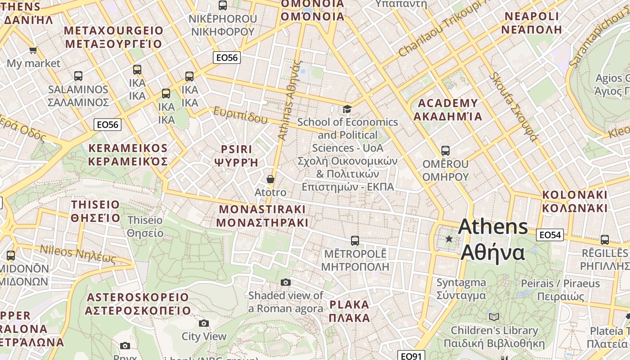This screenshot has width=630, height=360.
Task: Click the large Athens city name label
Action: (493, 239)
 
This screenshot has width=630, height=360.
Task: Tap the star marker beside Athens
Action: (449, 239)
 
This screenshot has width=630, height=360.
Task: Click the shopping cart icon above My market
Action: (33, 50)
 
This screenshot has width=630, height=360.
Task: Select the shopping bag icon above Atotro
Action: (270, 179)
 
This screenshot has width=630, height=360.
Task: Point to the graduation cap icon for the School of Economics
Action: (347, 109)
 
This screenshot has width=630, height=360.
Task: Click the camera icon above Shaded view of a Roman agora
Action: (285, 283)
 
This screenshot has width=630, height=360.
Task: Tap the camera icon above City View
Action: (204, 323)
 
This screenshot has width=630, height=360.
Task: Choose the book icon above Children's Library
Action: (494, 317)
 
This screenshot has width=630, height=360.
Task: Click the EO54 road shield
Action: (550, 234)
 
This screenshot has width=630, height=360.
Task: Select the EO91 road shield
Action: (411, 356)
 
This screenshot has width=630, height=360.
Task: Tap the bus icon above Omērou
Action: (445, 150)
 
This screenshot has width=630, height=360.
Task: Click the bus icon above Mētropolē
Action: (355, 241)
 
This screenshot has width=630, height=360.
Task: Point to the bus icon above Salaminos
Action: (78, 76)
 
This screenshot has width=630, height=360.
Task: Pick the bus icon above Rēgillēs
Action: (604, 240)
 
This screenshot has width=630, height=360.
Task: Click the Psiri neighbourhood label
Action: (236, 155)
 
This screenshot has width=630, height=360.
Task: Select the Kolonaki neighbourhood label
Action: (575, 201)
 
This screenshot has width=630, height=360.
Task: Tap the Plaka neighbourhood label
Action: (350, 311)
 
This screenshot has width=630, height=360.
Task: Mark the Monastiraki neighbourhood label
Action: (262, 216)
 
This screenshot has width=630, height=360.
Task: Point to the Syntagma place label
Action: (461, 289)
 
